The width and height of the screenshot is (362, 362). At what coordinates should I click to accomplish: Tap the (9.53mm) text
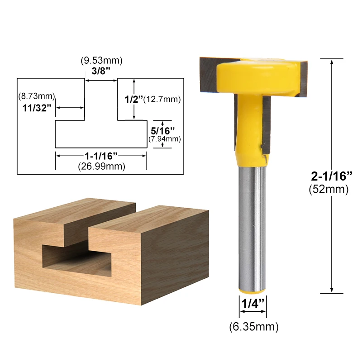pyautogui.click(x=101, y=60)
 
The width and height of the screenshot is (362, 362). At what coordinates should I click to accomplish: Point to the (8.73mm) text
pyautogui.click(x=37, y=96)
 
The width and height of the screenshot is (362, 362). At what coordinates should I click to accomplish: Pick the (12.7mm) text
pyautogui.click(x=162, y=99)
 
